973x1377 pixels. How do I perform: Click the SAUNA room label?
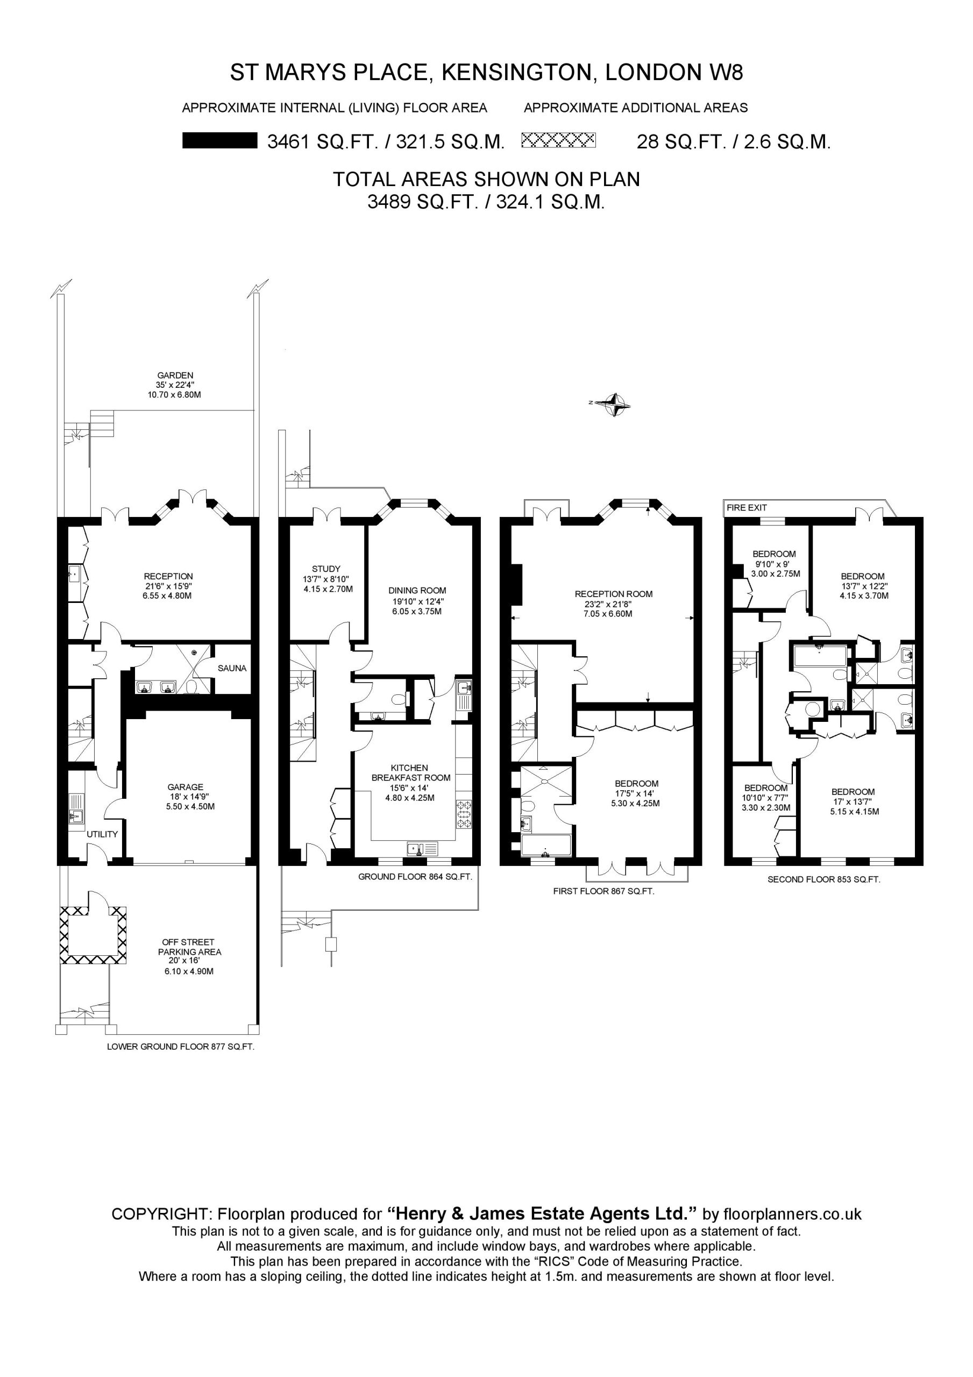click(x=232, y=668)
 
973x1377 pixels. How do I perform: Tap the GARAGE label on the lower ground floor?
click(x=186, y=787)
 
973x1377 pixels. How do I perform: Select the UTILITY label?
click(x=102, y=834)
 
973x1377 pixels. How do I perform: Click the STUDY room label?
click(x=326, y=569)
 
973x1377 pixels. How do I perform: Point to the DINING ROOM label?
click(x=417, y=590)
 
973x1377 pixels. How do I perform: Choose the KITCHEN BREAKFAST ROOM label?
click(x=411, y=772)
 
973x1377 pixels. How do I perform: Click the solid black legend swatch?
click(x=220, y=141)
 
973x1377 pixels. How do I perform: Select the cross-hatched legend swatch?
click(x=559, y=140)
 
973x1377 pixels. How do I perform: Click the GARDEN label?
click(x=175, y=375)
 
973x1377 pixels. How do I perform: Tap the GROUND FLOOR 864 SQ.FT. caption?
click(x=415, y=876)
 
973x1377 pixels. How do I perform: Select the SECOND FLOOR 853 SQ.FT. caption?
click(x=823, y=880)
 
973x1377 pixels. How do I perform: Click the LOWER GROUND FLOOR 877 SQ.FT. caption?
click(x=181, y=1047)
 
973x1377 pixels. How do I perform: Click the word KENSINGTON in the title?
click(x=516, y=73)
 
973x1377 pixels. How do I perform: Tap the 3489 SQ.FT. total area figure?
click(x=421, y=202)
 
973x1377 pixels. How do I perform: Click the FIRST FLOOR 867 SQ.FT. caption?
click(x=603, y=891)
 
